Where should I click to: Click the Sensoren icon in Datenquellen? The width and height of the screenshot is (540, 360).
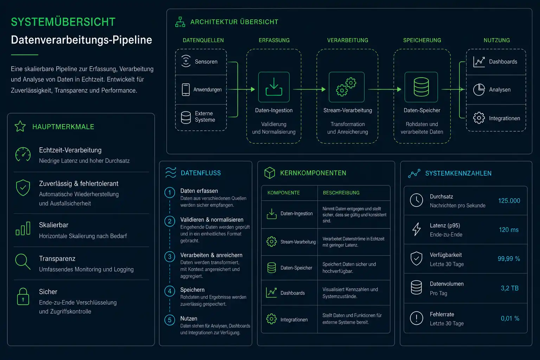click(x=186, y=61)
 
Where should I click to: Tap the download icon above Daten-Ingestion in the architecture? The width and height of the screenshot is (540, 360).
click(x=274, y=87)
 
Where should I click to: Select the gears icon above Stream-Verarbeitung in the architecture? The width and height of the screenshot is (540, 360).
click(x=346, y=87)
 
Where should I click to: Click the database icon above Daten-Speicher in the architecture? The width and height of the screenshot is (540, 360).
click(x=421, y=87)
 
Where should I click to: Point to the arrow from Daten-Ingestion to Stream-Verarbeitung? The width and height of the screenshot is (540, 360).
click(x=309, y=89)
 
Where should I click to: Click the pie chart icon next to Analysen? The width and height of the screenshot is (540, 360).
click(x=479, y=90)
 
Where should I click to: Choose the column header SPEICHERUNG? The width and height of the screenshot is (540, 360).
click(x=422, y=40)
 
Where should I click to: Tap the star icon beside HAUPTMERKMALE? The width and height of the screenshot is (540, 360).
click(x=20, y=126)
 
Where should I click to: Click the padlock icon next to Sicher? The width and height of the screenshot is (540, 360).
click(x=23, y=296)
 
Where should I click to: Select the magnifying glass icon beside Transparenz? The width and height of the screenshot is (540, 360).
click(x=22, y=262)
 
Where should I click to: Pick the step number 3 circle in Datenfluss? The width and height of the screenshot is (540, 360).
click(x=170, y=257)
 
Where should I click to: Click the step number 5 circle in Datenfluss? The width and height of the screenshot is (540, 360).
click(x=170, y=320)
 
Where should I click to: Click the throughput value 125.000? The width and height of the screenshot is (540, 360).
click(x=509, y=201)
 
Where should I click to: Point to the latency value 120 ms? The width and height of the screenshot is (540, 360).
click(x=509, y=230)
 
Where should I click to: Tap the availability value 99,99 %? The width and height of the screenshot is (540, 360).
click(x=509, y=259)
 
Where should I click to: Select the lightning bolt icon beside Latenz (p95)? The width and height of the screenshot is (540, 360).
click(x=416, y=229)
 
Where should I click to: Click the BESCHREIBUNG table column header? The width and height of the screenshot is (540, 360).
click(x=341, y=193)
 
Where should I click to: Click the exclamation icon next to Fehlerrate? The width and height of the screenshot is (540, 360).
click(x=416, y=318)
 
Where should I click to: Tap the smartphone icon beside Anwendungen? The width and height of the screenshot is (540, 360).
click(x=186, y=90)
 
